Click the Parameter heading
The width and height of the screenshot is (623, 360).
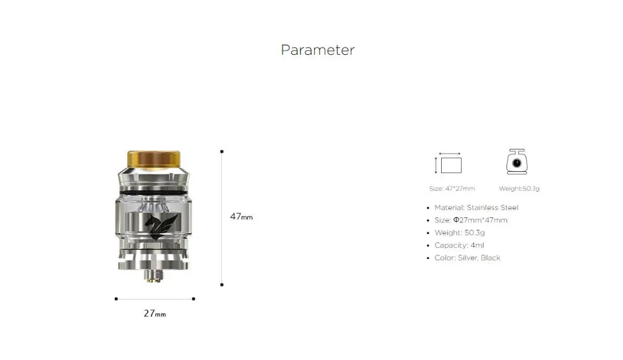pos(318,50)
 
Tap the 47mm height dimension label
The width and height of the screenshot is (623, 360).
pos(241,217)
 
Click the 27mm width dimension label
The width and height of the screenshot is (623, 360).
pos(155,313)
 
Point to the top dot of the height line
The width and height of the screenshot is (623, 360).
pos(222,151)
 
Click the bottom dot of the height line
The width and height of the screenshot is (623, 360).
pos(222,285)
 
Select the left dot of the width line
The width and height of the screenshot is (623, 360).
pos(116,299)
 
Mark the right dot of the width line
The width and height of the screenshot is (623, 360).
pos(194,299)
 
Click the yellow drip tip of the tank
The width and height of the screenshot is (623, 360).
pos(154,159)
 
